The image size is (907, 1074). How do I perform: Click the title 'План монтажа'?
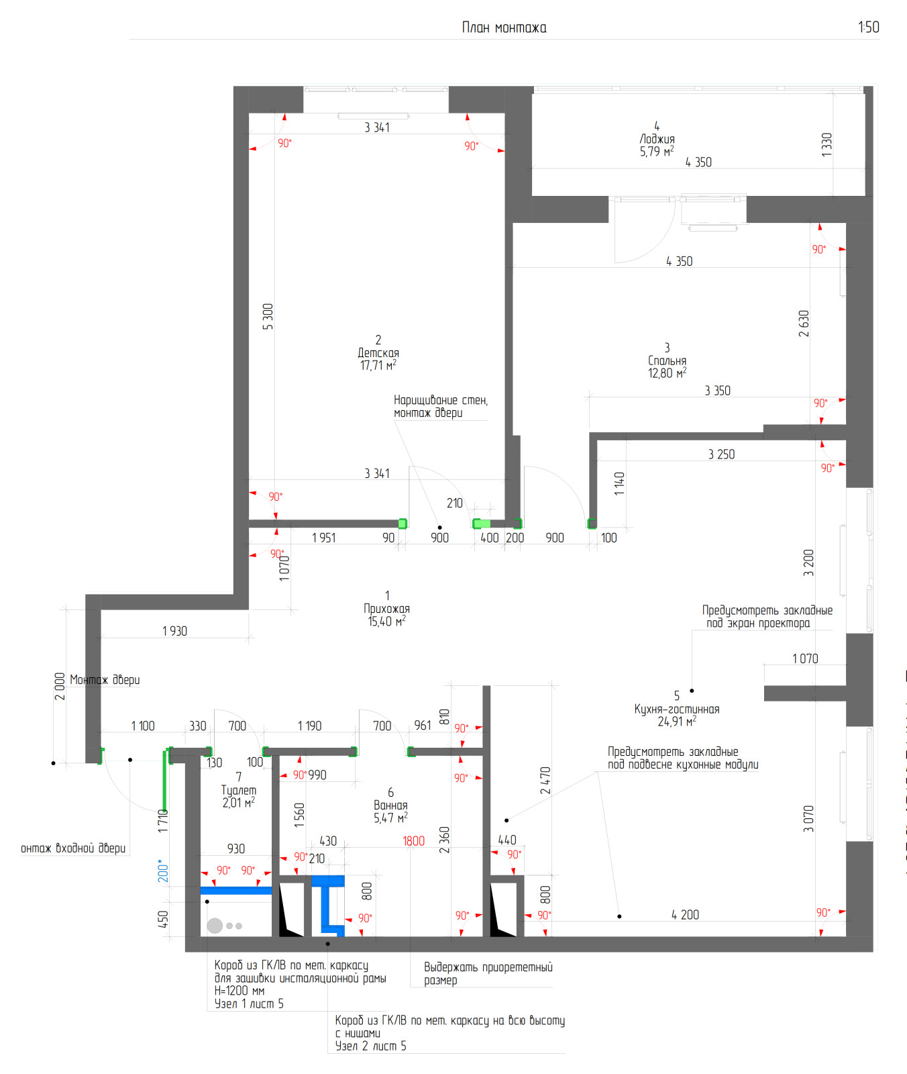[x=504, y=28]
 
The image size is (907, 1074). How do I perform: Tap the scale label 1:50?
[x=869, y=27]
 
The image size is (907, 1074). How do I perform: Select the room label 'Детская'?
[x=378, y=352]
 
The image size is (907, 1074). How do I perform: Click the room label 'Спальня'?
[x=667, y=360]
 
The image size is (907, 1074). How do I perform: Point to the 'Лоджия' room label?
[x=657, y=139]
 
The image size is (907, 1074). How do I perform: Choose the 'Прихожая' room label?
[x=387, y=608]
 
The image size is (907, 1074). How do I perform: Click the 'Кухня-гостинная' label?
[x=677, y=709]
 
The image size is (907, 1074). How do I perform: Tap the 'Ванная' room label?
[x=390, y=805]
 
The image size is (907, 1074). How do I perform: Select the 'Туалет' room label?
[x=239, y=790]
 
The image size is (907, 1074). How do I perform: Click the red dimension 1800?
[x=414, y=841]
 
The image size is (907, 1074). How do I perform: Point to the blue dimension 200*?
[x=162, y=871]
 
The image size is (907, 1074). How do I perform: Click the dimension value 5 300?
[x=268, y=316]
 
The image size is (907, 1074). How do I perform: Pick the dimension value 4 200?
[x=685, y=914]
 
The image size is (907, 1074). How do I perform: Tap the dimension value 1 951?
[x=323, y=538]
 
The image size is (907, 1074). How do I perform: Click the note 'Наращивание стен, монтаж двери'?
[x=441, y=406]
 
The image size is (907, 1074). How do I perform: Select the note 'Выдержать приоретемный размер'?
[x=488, y=973]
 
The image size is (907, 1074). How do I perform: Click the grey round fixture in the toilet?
[x=215, y=926]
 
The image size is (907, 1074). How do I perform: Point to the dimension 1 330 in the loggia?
[x=826, y=145]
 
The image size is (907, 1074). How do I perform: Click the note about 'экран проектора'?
[x=767, y=616]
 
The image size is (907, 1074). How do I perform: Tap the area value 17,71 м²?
[x=378, y=365]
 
